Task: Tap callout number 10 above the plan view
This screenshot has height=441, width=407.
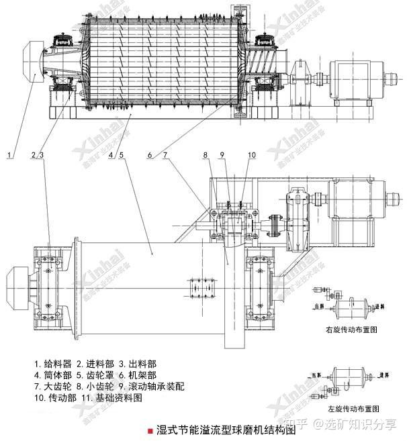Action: pyautogui.click(x=251, y=156)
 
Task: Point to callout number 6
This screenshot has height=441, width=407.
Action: pyautogui.click(x=150, y=156)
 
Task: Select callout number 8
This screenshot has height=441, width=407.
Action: pyautogui.click(x=205, y=156)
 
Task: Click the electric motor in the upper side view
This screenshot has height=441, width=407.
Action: pyautogui.click(x=357, y=73)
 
